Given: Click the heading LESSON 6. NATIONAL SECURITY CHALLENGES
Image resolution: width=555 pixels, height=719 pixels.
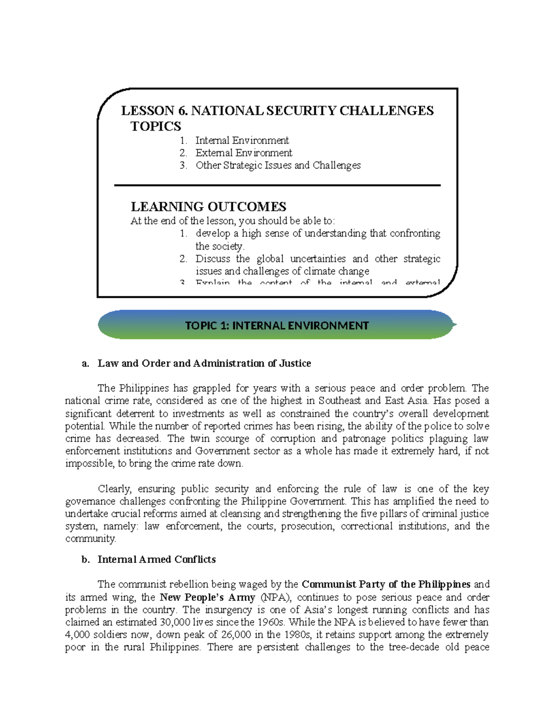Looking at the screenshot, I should pyautogui.click(x=277, y=111).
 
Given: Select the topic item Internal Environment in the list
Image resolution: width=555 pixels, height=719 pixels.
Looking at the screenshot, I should pyautogui.click(x=242, y=140).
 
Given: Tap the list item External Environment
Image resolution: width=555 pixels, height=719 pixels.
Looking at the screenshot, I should pyautogui.click(x=244, y=153).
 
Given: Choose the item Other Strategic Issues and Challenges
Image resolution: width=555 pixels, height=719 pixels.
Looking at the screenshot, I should pyautogui.click(x=278, y=165).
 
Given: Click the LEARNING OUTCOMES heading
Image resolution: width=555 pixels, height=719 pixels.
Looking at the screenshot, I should pyautogui.click(x=208, y=206).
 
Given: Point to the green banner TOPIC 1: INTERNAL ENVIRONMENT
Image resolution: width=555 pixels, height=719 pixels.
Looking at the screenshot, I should pyautogui.click(x=277, y=325).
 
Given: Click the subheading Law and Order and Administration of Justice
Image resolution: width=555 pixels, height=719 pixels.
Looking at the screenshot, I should pyautogui.click(x=204, y=363).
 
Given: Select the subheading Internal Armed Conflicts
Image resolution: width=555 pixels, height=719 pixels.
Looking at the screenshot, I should pyautogui.click(x=156, y=559).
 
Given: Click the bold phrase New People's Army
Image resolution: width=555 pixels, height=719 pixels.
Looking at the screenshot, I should pyautogui.click(x=207, y=597).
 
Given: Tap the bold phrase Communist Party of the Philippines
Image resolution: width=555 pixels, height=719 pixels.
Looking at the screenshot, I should pyautogui.click(x=386, y=584).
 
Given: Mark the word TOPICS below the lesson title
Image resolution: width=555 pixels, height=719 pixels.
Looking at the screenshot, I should pyautogui.click(x=155, y=126).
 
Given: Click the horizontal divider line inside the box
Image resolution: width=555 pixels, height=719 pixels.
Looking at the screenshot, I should pyautogui.click(x=277, y=185).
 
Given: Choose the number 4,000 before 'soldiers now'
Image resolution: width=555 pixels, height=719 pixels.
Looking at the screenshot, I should pyautogui.click(x=79, y=635).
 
